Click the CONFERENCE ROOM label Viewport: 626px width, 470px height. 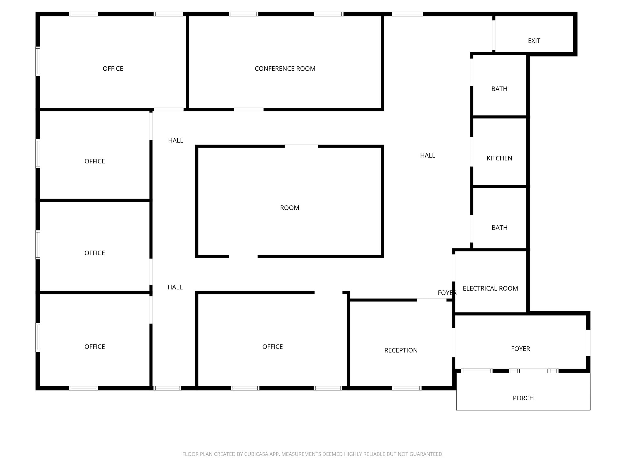pos(285,69)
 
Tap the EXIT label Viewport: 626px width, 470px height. pos(534,41)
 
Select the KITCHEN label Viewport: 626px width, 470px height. pos(499,158)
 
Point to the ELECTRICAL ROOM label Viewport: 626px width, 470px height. pos(490,288)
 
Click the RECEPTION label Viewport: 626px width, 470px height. pos(401,350)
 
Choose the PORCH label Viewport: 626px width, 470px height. pos(523,398)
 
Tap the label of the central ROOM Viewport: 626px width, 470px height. pos(289,208)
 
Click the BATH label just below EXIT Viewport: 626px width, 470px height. pos(499,89)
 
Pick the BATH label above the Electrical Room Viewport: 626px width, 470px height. pos(499,228)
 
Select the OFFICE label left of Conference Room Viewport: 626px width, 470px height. pos(113,69)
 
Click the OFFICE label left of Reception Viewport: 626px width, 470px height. pos(272,347)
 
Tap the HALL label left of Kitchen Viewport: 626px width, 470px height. pos(427,155)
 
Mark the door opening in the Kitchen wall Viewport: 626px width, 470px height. pos(472,152)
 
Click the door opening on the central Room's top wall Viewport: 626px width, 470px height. pos(301,146)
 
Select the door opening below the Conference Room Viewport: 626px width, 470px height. pos(249,109)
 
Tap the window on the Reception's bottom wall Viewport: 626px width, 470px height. pos(407,388)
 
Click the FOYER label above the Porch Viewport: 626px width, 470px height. pos(520,349)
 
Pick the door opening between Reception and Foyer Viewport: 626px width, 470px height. pos(454,343)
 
